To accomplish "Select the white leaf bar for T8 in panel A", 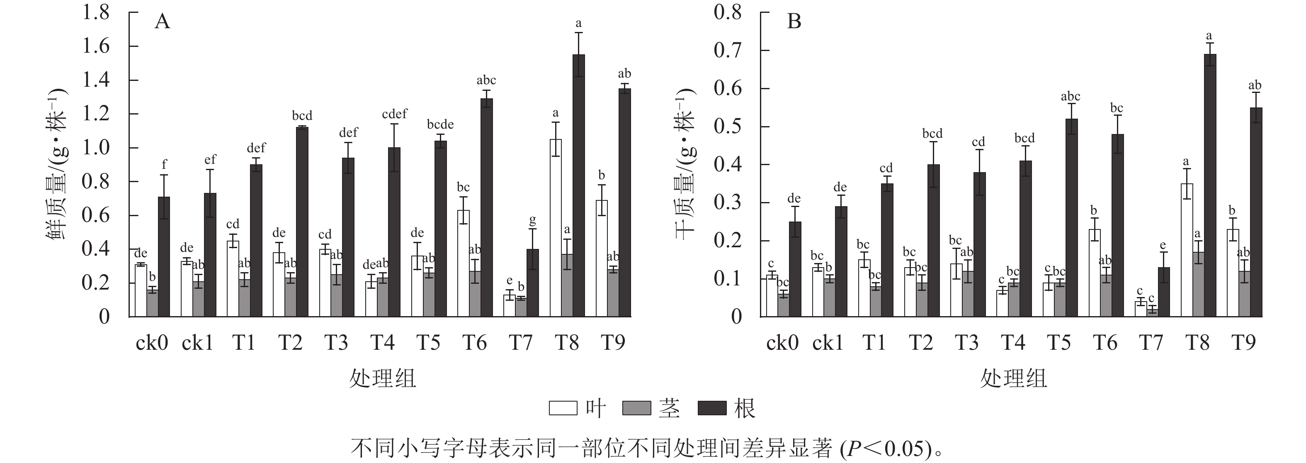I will click(556, 228).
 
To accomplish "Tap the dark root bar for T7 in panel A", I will click(532, 283).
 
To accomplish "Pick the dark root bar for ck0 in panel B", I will click(795, 269).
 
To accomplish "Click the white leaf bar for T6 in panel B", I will click(1094, 273).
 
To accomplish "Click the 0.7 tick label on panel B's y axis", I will click(728, 51).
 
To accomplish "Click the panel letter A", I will click(162, 22).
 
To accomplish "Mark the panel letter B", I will click(794, 22).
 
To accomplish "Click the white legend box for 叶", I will click(563, 408).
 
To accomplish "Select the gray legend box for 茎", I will click(636, 408).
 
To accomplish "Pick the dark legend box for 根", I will click(712, 408).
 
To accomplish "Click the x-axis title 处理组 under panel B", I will click(1013, 378).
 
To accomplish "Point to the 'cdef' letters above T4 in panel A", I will click(394, 114).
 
